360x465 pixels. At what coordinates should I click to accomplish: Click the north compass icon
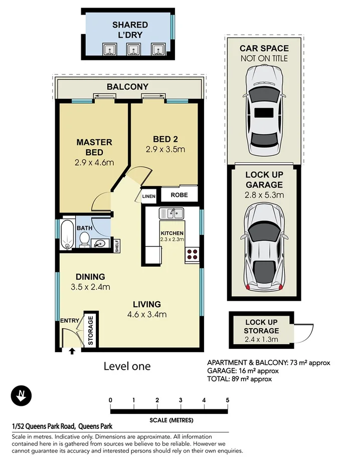[21, 396]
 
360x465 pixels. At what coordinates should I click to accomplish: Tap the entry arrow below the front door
[72, 351]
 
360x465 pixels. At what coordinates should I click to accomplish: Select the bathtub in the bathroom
[67, 235]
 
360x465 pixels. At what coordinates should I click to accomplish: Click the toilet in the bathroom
[85, 240]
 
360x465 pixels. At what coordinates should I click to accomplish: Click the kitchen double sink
[171, 213]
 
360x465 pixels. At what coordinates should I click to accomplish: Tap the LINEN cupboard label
[149, 196]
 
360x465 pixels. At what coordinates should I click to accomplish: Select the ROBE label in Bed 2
[179, 195]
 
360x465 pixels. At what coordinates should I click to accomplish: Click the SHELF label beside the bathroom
[117, 246]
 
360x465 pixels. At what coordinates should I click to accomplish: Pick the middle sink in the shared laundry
[133, 49]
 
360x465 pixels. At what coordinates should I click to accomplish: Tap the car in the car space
[264, 110]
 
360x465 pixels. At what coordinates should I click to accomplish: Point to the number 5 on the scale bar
[227, 400]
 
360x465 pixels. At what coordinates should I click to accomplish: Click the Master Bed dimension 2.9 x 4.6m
[94, 162]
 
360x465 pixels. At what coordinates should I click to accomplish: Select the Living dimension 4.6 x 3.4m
[147, 314]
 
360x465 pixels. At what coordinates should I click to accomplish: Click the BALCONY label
[128, 87]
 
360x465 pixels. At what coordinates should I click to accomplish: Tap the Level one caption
[127, 366]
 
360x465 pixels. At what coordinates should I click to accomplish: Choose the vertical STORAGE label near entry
[91, 330]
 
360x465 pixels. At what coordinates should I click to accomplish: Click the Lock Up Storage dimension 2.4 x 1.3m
[261, 339]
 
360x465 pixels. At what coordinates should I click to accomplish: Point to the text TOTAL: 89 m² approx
[239, 379]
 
